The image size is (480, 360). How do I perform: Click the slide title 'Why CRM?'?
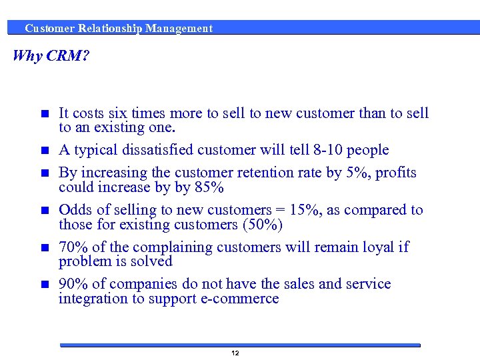(51, 55)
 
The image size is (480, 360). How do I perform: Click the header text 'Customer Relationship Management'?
(119, 29)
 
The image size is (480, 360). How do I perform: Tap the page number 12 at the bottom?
(235, 353)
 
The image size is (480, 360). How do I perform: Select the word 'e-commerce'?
(240, 299)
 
